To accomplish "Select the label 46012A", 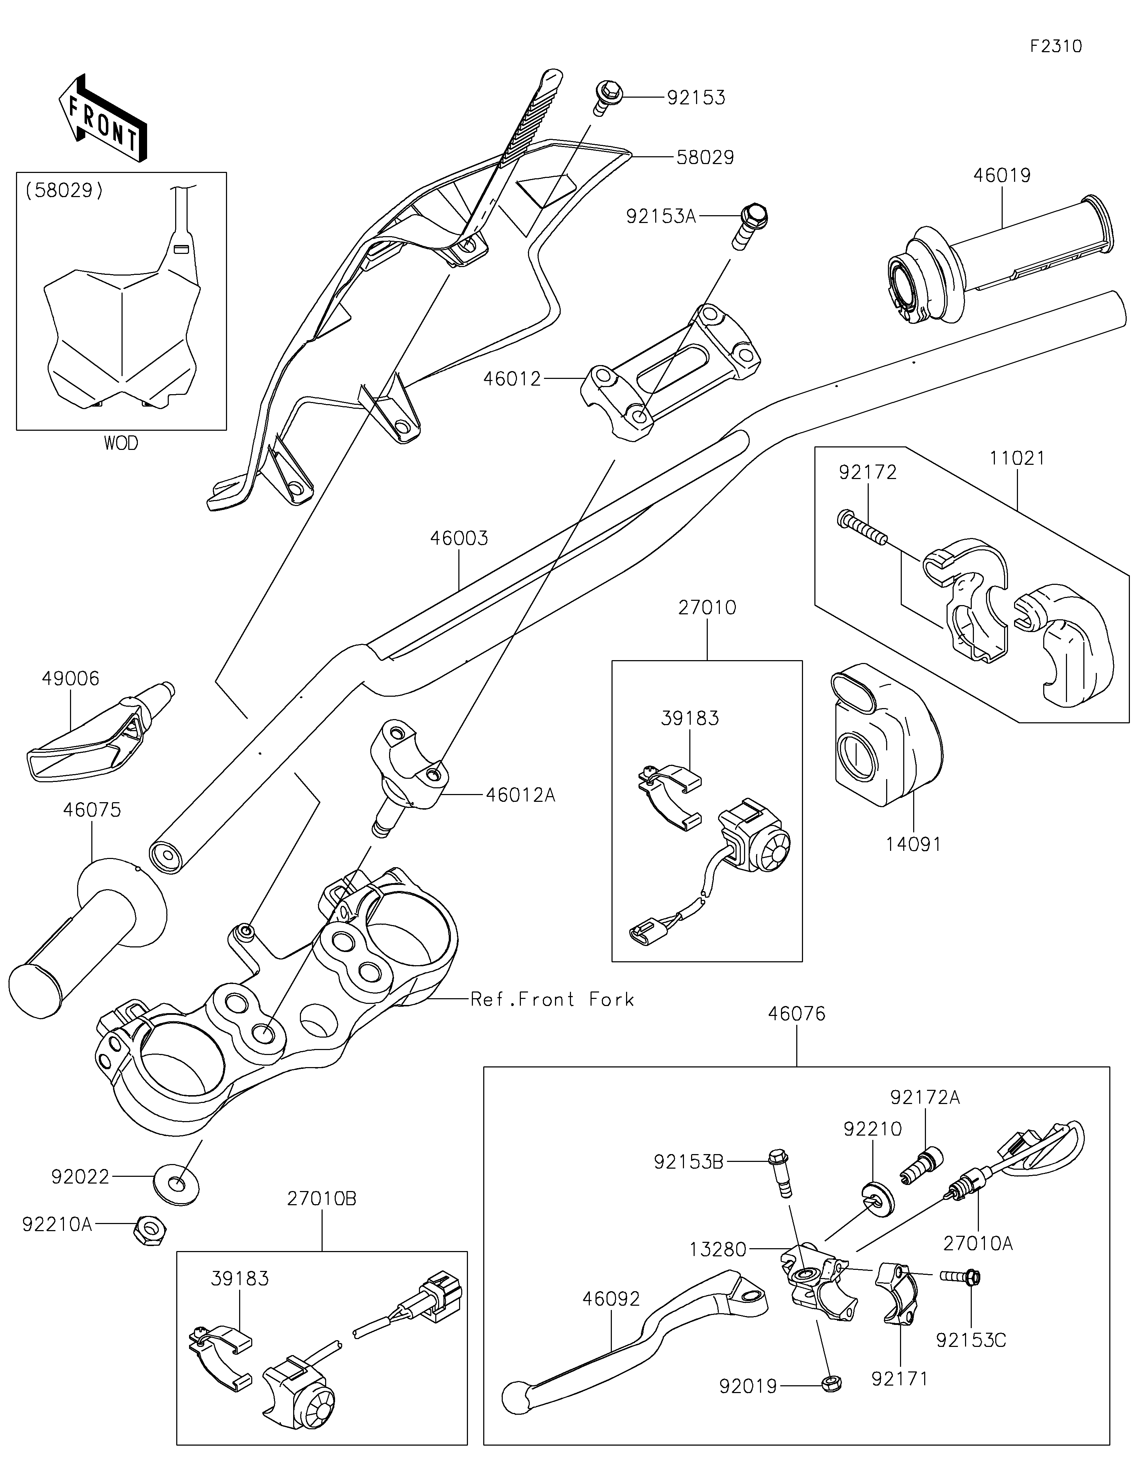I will tap(521, 795).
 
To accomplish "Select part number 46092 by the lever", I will tap(611, 1299).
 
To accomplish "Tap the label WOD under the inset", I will tap(121, 443).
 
